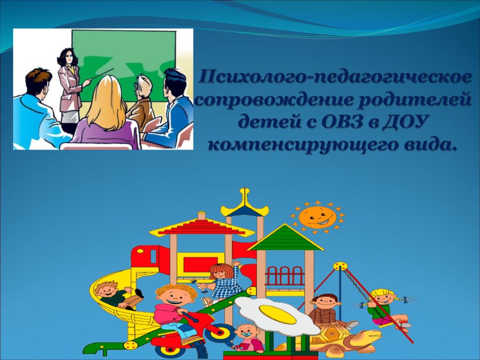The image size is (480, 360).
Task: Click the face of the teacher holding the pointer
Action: click(x=71, y=57)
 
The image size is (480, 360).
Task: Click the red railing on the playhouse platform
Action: click(x=285, y=276)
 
